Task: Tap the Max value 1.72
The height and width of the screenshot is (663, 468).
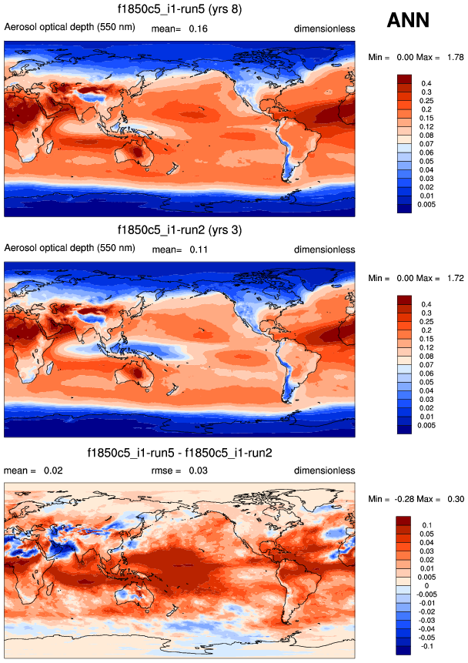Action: [453, 278]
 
